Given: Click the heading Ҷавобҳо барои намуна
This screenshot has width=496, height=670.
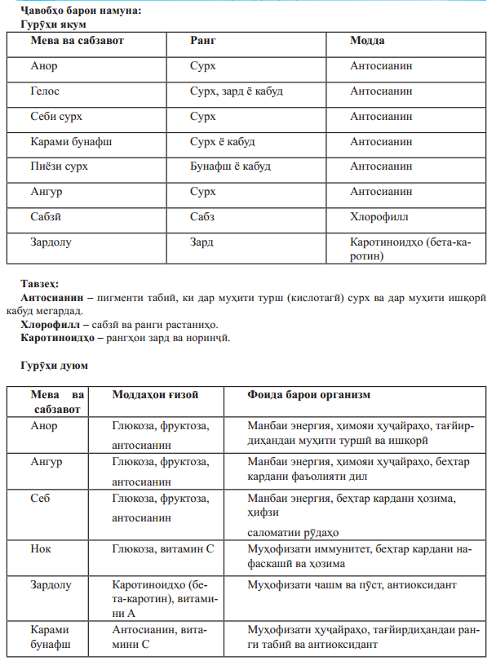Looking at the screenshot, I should tap(77, 11).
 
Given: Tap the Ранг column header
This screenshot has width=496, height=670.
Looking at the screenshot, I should tap(202, 40).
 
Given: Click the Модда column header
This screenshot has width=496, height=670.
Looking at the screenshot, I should tap(367, 40).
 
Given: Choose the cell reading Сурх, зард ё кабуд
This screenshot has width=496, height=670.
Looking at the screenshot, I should tap(236, 91).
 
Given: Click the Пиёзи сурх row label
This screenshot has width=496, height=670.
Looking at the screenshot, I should tap(59, 166).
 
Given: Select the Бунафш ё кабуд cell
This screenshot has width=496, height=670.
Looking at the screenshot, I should tap(230, 166).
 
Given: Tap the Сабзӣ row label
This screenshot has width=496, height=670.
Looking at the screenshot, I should tap(46, 217).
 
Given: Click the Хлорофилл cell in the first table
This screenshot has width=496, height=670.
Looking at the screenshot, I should tap(379, 217).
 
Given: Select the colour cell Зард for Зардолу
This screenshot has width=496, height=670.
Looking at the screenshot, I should tap(201, 242).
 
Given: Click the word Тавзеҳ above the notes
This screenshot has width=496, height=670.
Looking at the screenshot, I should tap(40, 284).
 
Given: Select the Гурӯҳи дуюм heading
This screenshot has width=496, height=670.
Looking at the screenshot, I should tap(54, 365).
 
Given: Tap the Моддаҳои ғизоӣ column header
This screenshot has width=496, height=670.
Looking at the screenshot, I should tap(155, 395).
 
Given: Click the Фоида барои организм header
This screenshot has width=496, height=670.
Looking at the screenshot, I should tap(309, 395).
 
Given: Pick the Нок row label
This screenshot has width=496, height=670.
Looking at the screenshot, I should tap(41, 548).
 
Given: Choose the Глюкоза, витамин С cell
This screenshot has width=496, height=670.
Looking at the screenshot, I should tap(162, 548).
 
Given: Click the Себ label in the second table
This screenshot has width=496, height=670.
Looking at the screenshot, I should tap(40, 498).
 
